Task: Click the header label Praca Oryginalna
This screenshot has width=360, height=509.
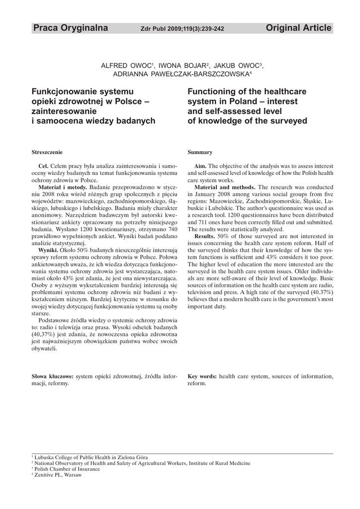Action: tap(70, 28)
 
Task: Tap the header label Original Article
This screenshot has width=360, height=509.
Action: tap(298, 28)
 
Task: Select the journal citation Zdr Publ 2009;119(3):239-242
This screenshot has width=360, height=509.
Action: tap(182, 29)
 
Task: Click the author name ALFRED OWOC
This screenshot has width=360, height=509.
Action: tap(127, 66)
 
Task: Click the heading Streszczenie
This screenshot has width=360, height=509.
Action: tap(47, 152)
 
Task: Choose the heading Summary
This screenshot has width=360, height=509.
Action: tap(200, 152)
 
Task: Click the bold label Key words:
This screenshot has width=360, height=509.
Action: tap(202, 376)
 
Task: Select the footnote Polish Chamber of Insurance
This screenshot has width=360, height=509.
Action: tap(67, 469)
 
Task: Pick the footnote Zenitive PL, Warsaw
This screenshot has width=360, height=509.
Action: tap(58, 475)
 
